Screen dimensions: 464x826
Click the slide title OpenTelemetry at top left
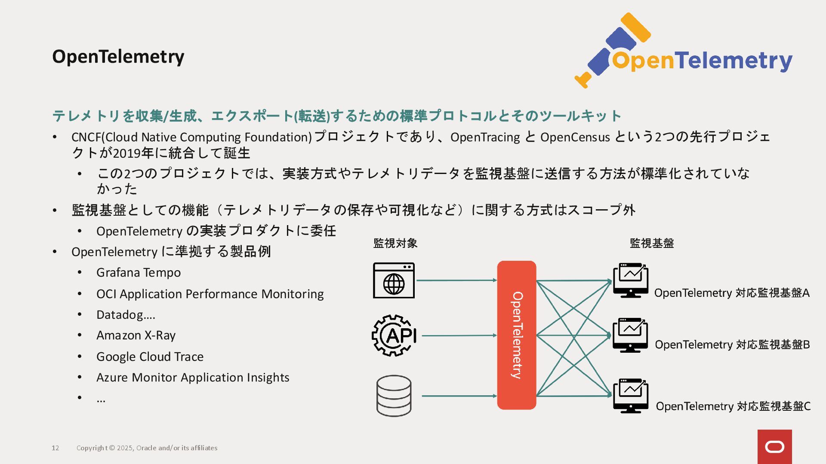[118, 57]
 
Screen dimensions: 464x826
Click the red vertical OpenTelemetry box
[516, 335]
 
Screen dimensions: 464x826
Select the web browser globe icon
[394, 281]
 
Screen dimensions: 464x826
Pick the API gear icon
[394, 335]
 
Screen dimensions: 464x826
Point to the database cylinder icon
[394, 396]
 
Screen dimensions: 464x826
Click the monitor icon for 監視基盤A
[631, 280]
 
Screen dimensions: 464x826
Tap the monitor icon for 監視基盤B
[630, 335]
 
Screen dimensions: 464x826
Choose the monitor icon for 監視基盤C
[631, 396]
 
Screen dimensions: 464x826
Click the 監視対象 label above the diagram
[395, 243]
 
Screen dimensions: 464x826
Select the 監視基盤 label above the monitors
[651, 243]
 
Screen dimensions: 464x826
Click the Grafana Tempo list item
[138, 273]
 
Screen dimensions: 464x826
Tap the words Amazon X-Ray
[136, 335]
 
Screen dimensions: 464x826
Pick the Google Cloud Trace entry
[150, 357]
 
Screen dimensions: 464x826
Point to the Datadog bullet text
[125, 315]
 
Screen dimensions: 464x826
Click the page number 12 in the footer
[55, 448]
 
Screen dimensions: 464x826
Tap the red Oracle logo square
[774, 447]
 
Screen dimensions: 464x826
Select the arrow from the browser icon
[456, 280]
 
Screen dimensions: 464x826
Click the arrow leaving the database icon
[459, 396]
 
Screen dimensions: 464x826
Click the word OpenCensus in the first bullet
[575, 137]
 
